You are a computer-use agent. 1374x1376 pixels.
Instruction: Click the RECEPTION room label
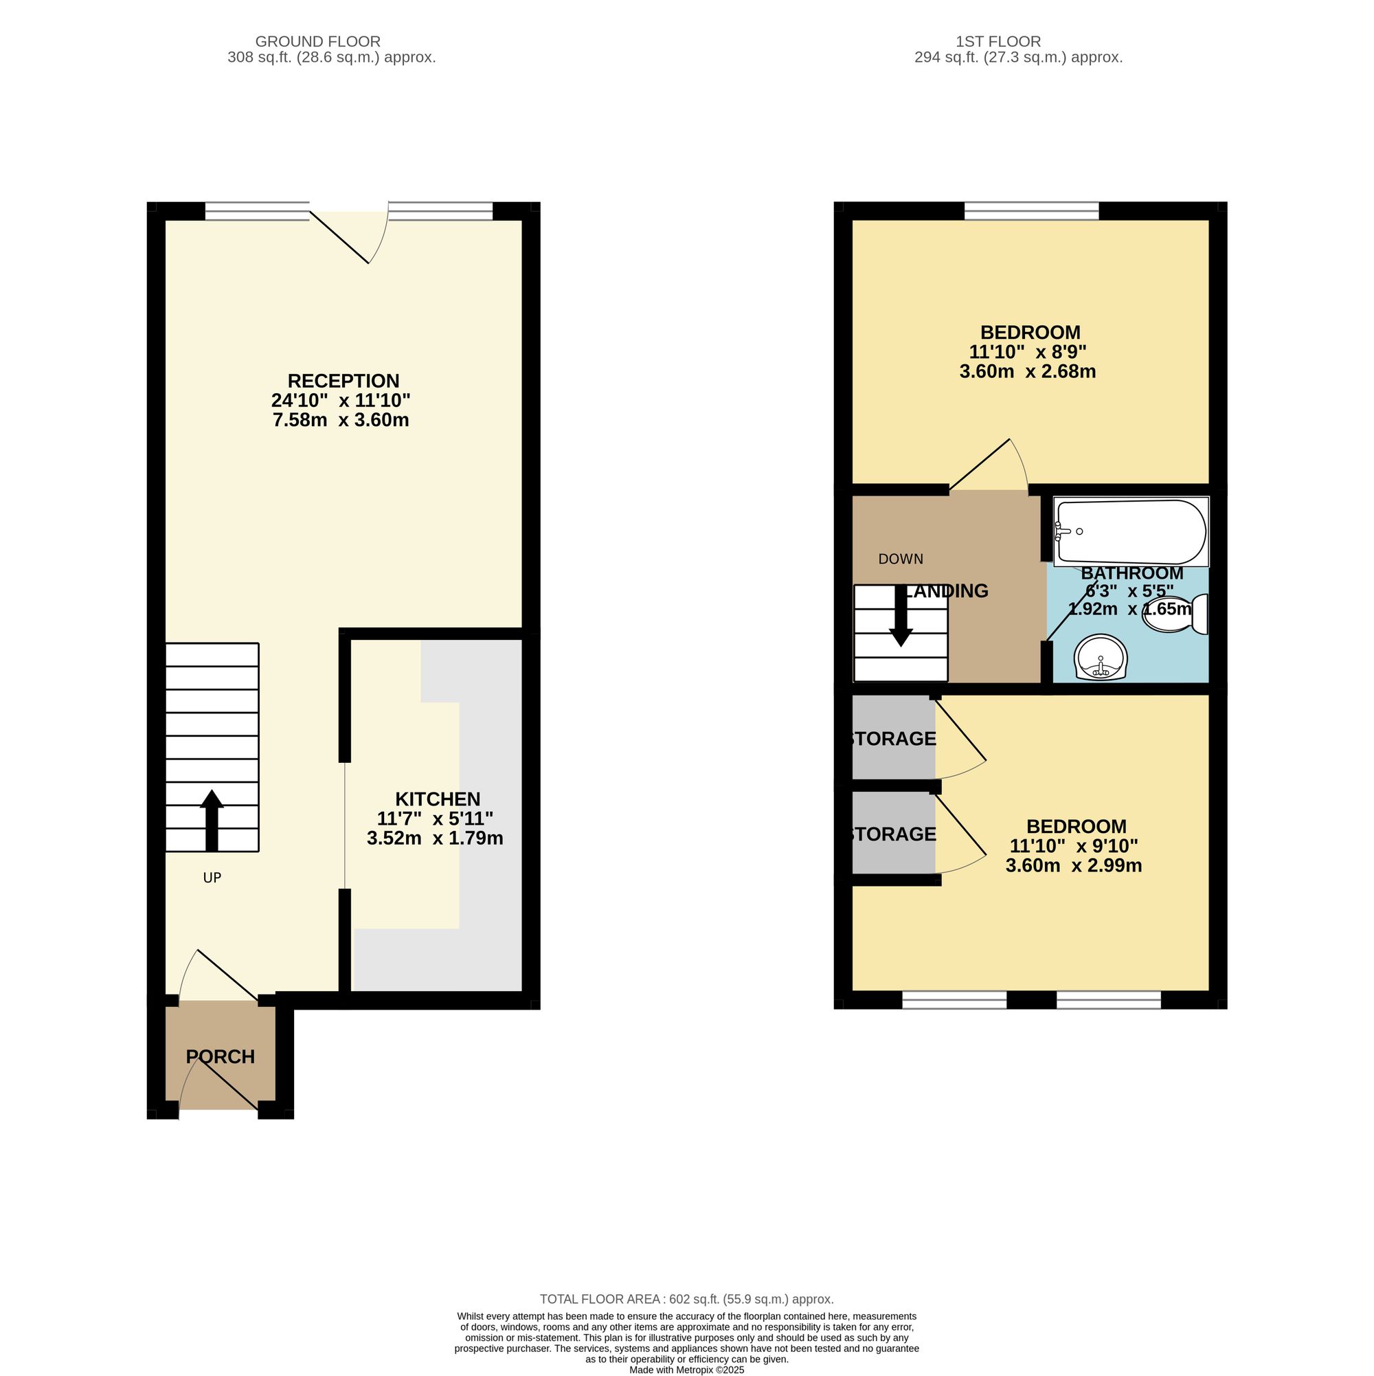pyautogui.click(x=343, y=381)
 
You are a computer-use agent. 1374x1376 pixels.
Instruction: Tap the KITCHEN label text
pyautogui.click(x=438, y=799)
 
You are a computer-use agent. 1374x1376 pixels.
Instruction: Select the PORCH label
pyautogui.click(x=221, y=1057)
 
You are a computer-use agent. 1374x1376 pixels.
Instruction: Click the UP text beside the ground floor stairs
pyautogui.click(x=212, y=878)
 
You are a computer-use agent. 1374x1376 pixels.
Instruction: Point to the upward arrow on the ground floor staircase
pyautogui.click(x=212, y=821)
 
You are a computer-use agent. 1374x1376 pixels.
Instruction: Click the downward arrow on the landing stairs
pyautogui.click(x=901, y=615)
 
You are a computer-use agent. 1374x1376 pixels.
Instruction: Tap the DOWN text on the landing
pyautogui.click(x=901, y=559)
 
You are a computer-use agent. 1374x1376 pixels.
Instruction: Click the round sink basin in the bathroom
pyautogui.click(x=1101, y=656)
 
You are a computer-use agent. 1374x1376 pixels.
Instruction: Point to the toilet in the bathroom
pyautogui.click(x=1175, y=614)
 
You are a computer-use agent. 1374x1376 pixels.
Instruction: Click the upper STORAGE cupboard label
pyautogui.click(x=892, y=739)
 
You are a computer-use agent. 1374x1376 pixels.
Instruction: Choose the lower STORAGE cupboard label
pyautogui.click(x=892, y=834)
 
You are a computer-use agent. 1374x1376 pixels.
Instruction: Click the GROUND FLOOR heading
pyautogui.click(x=317, y=42)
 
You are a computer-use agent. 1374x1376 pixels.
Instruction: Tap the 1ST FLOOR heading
pyautogui.click(x=998, y=42)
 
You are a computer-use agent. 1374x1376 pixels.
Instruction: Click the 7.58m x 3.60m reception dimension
pyautogui.click(x=341, y=420)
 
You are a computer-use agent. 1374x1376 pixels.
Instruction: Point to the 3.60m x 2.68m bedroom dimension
pyautogui.click(x=1027, y=372)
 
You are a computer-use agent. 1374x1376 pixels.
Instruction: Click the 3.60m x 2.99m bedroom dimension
pyautogui.click(x=1074, y=866)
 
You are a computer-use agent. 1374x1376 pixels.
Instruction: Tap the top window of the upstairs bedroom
pyautogui.click(x=1032, y=211)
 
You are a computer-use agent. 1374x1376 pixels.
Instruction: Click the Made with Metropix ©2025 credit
pyautogui.click(x=687, y=1370)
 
